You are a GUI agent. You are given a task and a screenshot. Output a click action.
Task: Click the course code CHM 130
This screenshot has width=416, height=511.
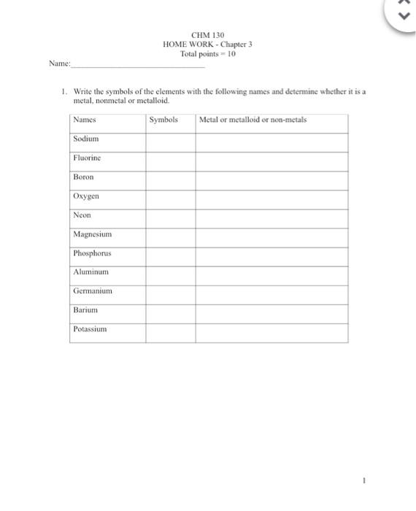207,35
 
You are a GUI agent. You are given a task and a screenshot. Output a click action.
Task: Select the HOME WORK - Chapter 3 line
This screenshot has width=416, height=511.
207,45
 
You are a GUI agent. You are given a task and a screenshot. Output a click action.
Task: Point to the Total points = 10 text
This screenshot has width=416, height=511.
207,54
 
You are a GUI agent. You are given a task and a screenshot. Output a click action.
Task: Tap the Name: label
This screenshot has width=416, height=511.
60,64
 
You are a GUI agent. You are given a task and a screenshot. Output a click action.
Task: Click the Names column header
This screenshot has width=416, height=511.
85,120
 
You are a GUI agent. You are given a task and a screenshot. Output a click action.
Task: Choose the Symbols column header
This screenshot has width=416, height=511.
163,120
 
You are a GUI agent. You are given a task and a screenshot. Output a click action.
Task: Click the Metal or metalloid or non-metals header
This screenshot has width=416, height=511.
253,120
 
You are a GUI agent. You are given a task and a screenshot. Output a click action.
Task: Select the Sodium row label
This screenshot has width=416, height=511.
86,139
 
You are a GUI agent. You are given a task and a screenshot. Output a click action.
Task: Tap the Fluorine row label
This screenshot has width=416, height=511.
87,158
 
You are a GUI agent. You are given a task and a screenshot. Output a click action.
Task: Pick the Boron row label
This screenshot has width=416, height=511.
84,177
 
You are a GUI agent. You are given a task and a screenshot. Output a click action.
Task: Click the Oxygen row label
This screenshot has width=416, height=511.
86,196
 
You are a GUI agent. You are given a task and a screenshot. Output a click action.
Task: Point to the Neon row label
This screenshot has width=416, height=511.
82,215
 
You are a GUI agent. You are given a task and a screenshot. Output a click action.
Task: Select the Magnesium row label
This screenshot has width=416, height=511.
92,234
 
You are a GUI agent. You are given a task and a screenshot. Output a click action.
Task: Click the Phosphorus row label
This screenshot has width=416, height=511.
92,253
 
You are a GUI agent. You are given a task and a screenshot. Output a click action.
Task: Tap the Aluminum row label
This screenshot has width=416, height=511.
91,272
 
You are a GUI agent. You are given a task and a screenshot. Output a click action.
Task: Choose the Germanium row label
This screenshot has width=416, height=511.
93,291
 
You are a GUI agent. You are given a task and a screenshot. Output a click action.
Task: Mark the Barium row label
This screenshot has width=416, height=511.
85,310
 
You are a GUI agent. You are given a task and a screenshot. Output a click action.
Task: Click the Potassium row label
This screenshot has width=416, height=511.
90,329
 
